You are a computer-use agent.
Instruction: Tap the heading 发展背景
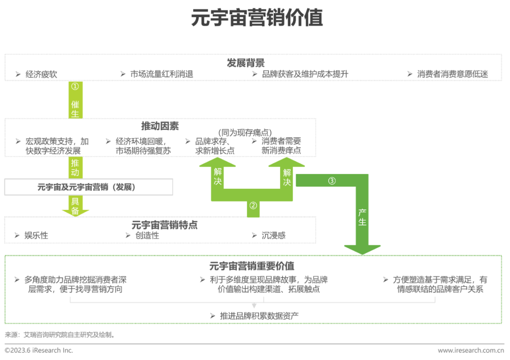pyautogui.click(x=246, y=63)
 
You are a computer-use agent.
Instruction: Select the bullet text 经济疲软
pyautogui.click(x=42, y=74)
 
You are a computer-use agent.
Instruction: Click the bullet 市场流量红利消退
pyautogui.click(x=161, y=74)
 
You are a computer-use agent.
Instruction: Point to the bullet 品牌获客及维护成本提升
pyautogui.click(x=305, y=74)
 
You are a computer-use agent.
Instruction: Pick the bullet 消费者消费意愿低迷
pyautogui.click(x=452, y=74)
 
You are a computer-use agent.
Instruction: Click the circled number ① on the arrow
pyautogui.click(x=75, y=87)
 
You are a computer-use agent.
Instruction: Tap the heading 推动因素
pyautogui.click(x=160, y=126)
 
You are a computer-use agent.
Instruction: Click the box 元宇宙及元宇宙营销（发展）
pyautogui.click(x=88, y=187)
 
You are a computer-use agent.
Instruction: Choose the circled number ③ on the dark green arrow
pyautogui.click(x=332, y=181)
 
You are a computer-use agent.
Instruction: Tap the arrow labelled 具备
pyautogui.click(x=75, y=206)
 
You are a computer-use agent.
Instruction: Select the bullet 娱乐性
pyautogui.click(x=36, y=235)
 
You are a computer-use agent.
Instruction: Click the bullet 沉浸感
pyautogui.click(x=274, y=235)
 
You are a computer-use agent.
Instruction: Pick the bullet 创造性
pyautogui.click(x=147, y=235)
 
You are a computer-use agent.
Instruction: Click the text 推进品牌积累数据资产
pyautogui.click(x=259, y=316)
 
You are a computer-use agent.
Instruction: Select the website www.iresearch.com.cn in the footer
pyautogui.click(x=471, y=351)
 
